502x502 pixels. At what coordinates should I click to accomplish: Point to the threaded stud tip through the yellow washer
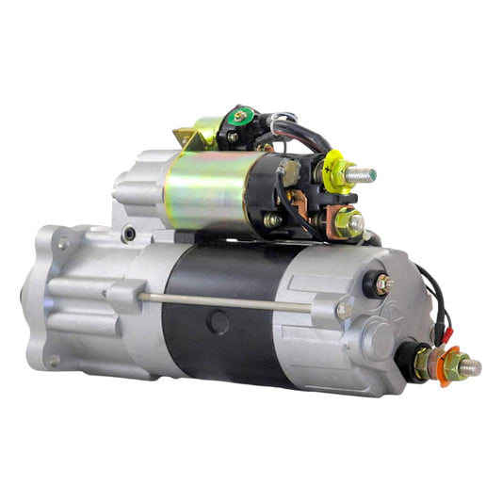pos(363,174)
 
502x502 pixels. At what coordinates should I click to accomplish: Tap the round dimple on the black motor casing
pos(219,322)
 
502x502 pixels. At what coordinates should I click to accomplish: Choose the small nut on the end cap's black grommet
pos(383,282)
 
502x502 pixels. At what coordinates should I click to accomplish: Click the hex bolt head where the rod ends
pos(343,309)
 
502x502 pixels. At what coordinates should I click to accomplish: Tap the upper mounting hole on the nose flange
pos(64,244)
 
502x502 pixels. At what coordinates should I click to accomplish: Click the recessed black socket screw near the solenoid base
pos(128,234)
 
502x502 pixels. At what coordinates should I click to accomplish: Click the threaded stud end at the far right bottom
pos(468,368)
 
